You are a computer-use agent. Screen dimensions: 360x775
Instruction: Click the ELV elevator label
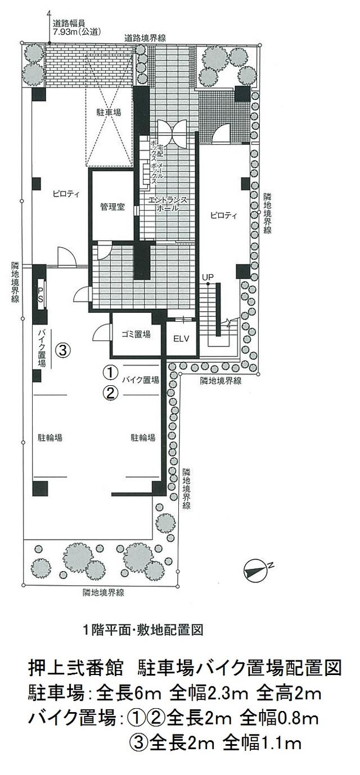coord(181,339)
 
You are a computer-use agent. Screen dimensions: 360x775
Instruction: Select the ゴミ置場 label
coord(136,334)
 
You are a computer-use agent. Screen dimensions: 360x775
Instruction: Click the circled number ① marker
coord(109,373)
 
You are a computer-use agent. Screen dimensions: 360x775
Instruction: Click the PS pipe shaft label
coord(40,294)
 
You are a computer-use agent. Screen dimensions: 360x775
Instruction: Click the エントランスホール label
coord(167,204)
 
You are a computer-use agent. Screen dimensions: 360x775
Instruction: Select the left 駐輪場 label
coord(50,437)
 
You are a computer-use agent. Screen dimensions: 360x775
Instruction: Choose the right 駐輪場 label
coord(143,437)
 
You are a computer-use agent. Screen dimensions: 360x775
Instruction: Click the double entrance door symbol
coord(172,133)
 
